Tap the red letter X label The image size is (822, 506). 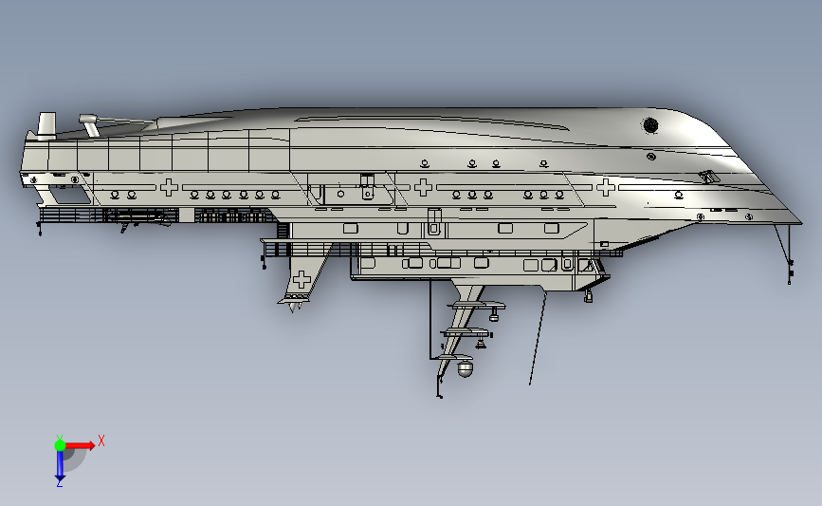click(x=100, y=440)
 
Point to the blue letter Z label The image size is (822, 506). click(x=59, y=483)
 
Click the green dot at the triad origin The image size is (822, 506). click(x=60, y=443)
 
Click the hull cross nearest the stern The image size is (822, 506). click(x=169, y=187)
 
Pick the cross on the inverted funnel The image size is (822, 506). click(x=301, y=280)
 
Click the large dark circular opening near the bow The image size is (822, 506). click(x=650, y=124)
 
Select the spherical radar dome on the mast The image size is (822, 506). click(x=465, y=371)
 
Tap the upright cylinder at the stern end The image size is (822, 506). click(x=46, y=124)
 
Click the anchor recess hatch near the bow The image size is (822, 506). click(x=708, y=177)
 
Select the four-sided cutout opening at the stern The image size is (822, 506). click(x=68, y=197)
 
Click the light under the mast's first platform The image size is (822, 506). click(x=494, y=312)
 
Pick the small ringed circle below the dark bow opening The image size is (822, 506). click(x=650, y=156)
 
